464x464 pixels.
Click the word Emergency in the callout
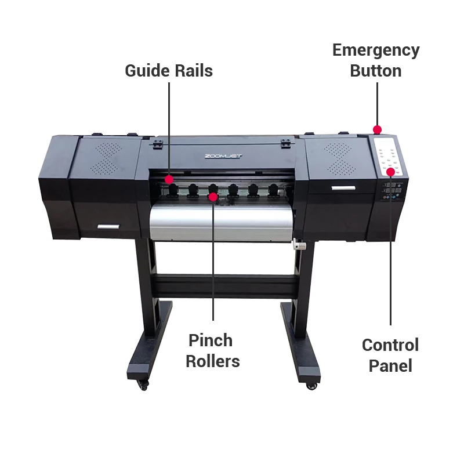pyautogui.click(x=375, y=50)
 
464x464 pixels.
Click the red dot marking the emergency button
pyautogui.click(x=377, y=129)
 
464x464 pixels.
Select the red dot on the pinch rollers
pyautogui.click(x=213, y=197)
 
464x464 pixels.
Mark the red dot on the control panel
pyautogui.click(x=391, y=172)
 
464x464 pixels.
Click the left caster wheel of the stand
pyautogui.click(x=143, y=384)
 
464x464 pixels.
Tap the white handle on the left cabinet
pyautogui.click(x=108, y=227)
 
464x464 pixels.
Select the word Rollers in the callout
pyautogui.click(x=213, y=361)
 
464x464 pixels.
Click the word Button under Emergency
pyautogui.click(x=375, y=71)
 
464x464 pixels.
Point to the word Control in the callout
pyautogui.click(x=390, y=345)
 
